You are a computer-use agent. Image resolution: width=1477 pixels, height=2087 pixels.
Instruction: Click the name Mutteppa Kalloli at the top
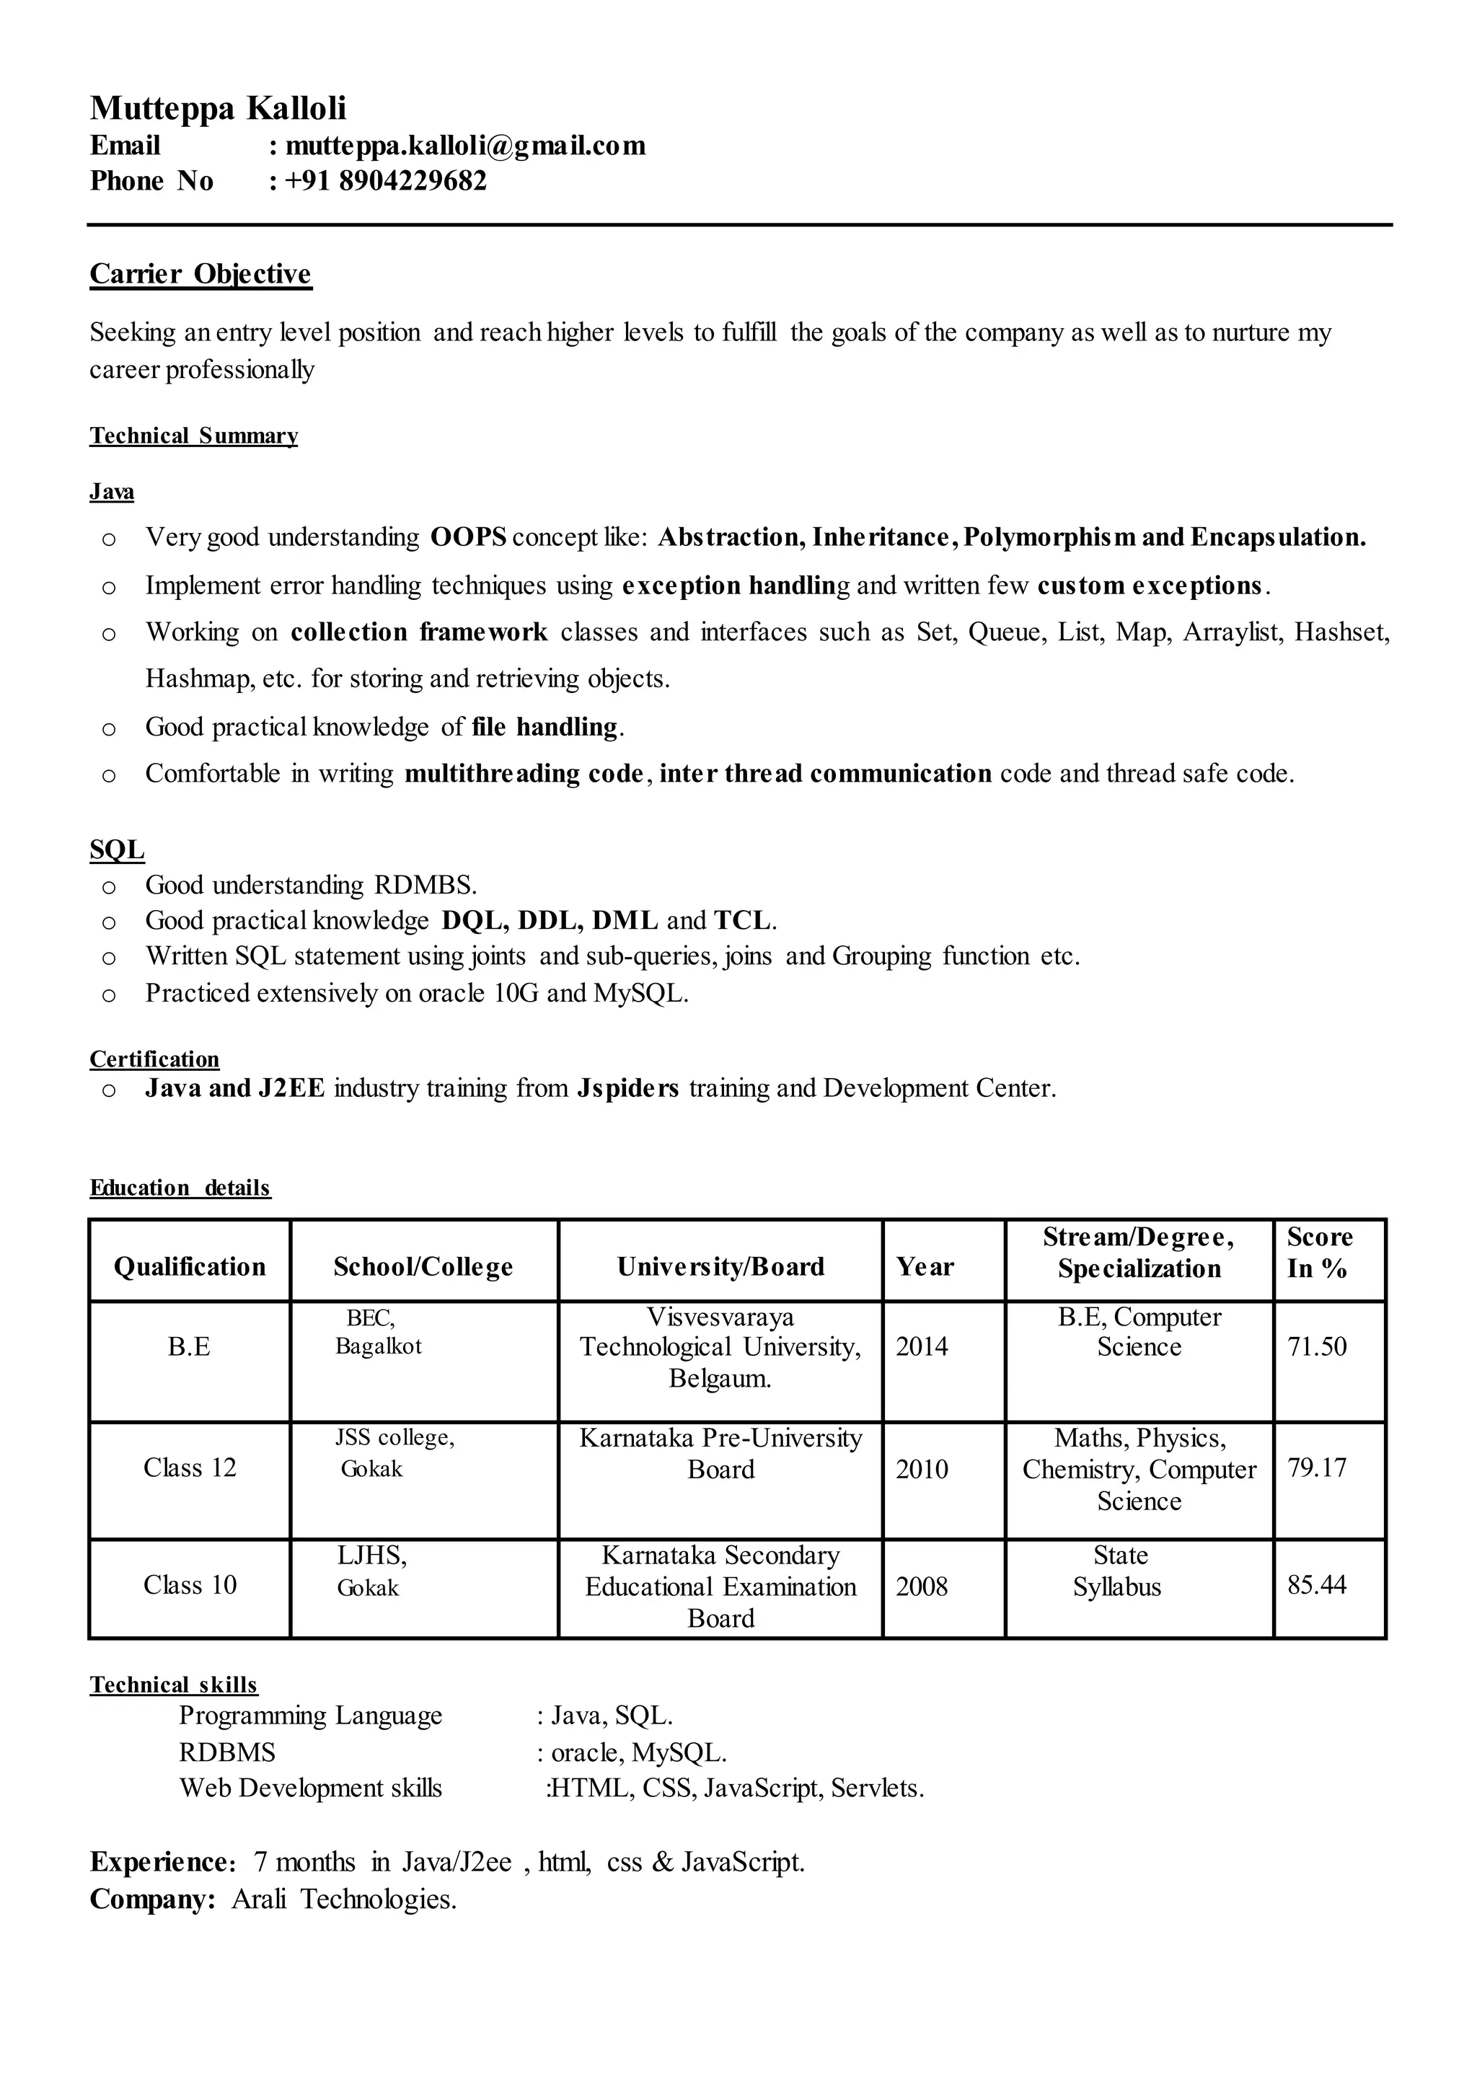click(x=219, y=108)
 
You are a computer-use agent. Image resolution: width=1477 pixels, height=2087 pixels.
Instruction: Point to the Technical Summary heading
click(x=194, y=436)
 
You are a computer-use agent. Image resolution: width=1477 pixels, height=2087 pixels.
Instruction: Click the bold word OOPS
click(x=467, y=537)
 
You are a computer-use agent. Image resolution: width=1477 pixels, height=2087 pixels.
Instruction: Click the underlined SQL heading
click(x=116, y=850)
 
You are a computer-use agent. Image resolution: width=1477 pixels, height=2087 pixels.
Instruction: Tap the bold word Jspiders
click(x=627, y=1088)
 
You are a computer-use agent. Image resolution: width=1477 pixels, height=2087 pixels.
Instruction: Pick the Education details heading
click(x=180, y=1188)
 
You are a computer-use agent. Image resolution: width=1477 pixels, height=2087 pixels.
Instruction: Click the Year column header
click(x=925, y=1267)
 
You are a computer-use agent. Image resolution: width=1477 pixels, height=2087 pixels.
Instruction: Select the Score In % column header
click(x=1319, y=1252)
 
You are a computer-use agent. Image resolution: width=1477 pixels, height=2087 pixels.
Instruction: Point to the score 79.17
click(x=1316, y=1468)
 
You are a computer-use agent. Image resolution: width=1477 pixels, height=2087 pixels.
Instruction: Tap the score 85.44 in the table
click(x=1316, y=1585)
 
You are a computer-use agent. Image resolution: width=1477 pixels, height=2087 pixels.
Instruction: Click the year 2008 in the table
click(x=921, y=1587)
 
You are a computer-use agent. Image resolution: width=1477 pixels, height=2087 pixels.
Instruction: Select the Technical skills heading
click(x=174, y=1685)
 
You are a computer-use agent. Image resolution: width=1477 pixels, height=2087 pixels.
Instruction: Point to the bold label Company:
click(x=153, y=1899)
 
